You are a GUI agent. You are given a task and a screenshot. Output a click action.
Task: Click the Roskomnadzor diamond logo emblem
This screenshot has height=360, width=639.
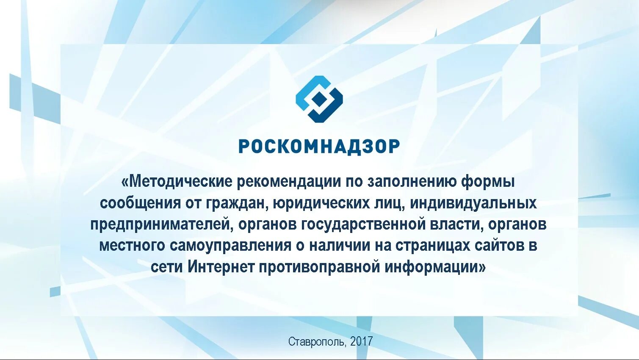coord(319,99)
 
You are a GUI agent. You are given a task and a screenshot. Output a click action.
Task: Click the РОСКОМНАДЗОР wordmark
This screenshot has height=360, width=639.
coord(319,146)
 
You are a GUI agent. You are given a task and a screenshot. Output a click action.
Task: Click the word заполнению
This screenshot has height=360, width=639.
coord(412,182)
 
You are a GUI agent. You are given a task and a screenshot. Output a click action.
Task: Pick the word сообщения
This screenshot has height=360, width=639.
coord(140,203)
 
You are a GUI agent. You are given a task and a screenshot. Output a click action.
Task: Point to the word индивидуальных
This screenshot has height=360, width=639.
coord(473,203)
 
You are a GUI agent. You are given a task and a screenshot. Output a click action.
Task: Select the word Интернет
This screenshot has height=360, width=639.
coord(221,267)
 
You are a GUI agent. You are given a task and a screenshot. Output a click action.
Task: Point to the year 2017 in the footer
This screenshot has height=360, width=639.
coord(361,341)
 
